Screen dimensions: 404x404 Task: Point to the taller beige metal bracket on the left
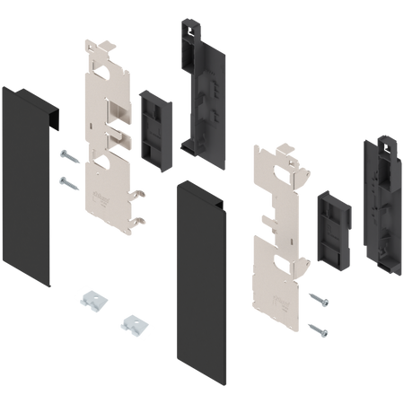pyautogui.click(x=108, y=135)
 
